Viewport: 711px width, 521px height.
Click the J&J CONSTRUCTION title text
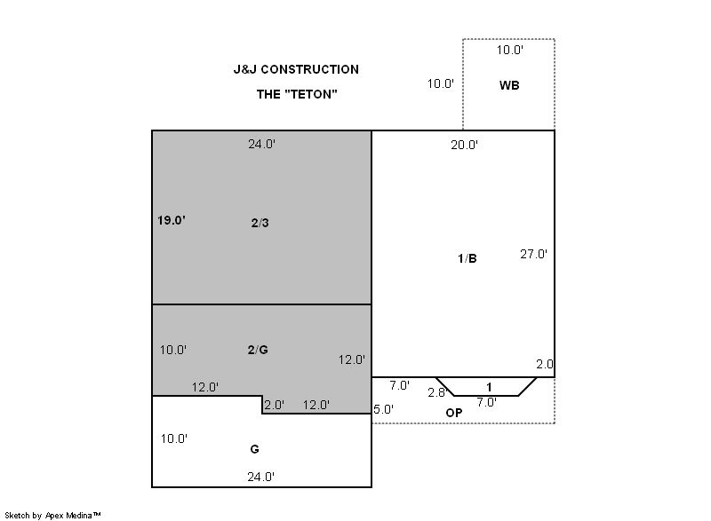(296, 69)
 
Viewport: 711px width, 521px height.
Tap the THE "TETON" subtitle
(297, 94)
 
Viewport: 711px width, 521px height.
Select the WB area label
(509, 85)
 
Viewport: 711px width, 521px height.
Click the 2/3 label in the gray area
(260, 223)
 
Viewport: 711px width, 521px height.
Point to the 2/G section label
(258, 350)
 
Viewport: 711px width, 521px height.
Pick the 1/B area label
(467, 258)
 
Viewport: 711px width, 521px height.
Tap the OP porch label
(454, 413)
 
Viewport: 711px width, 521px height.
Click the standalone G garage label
(254, 449)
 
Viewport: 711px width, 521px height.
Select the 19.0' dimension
(172, 220)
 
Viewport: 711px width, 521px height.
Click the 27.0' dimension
(534, 254)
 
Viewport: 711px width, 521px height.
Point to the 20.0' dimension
(464, 145)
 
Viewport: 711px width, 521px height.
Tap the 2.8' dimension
(437, 392)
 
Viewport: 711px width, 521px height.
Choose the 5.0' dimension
(383, 409)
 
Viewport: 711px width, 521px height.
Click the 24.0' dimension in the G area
(261, 477)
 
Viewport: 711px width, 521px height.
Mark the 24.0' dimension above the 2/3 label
(261, 144)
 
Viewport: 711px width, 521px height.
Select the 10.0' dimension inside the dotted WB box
(510, 50)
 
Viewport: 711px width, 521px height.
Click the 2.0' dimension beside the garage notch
(275, 405)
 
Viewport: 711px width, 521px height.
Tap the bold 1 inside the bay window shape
(489, 387)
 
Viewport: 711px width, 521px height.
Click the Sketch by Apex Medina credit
(52, 515)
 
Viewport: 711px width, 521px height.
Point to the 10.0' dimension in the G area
(174, 438)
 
